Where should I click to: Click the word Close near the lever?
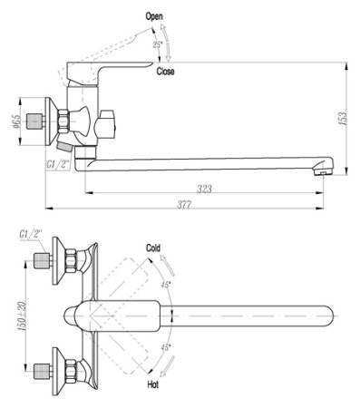point(166,71)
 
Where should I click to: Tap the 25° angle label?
point(158,44)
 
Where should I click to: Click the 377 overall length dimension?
point(185,207)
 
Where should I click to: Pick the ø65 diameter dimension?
point(17,121)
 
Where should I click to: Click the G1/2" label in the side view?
point(59,164)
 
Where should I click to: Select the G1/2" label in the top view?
point(32,236)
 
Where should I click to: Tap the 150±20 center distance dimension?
point(20,315)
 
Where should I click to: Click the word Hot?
point(154,385)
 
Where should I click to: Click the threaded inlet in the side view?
point(36,121)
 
